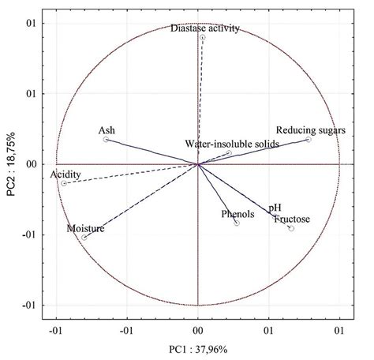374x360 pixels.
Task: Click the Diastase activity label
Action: tap(204, 28)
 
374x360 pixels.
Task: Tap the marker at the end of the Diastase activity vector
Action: tap(203, 38)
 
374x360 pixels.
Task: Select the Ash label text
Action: tap(107, 130)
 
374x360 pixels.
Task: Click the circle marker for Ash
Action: tap(106, 140)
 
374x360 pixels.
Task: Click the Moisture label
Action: tap(85, 228)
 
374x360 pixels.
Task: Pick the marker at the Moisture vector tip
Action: tap(84, 237)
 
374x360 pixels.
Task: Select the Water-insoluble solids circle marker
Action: tap(228, 153)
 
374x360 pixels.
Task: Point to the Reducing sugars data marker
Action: tap(309, 140)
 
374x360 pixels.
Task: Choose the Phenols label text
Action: tap(235, 214)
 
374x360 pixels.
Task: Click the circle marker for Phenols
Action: tap(237, 223)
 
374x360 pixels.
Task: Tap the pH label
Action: tap(275, 208)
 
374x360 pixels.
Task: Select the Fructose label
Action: tap(292, 219)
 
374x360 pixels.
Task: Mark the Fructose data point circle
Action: tap(291, 228)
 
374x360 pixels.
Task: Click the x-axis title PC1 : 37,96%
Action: tap(197, 348)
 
